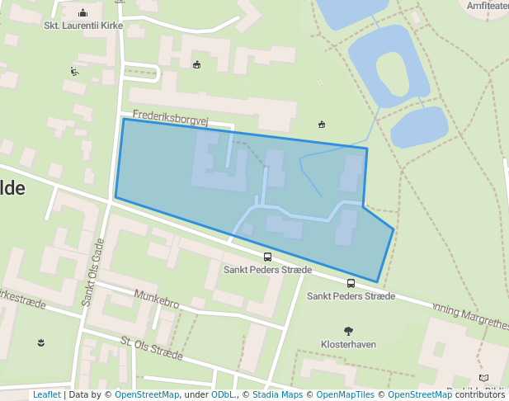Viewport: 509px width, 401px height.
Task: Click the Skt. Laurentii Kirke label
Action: coord(83,26)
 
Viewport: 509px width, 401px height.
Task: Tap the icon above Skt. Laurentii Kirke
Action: coord(83,12)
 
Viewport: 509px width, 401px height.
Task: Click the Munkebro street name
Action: coord(157,299)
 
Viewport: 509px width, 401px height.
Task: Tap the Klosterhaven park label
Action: coord(347,342)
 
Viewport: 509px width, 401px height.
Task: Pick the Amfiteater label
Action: coord(488,6)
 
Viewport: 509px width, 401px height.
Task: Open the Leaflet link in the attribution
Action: coord(46,395)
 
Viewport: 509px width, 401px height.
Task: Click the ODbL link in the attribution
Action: coord(222,395)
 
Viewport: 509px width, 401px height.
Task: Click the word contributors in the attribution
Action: coord(480,395)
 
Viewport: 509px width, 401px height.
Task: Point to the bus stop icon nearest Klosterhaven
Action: coord(351,283)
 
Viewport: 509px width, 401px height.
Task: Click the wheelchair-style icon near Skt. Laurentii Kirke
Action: coord(75,71)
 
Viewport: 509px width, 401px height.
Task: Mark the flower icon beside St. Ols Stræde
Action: coord(41,341)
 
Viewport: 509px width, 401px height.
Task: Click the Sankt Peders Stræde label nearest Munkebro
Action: coord(268,270)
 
